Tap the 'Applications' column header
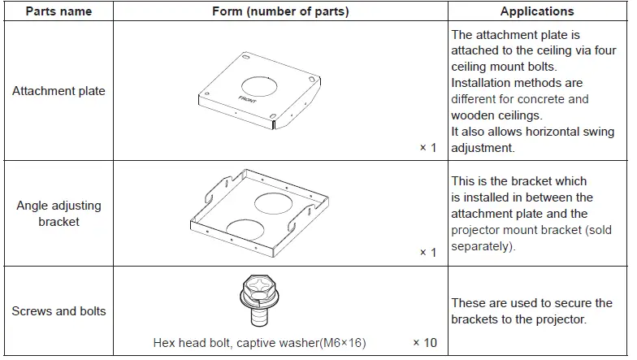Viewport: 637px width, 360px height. coord(537,11)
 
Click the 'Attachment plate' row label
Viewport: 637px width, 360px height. coord(58,91)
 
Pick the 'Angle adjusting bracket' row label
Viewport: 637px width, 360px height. coord(58,213)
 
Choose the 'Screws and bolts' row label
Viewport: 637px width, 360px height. coord(58,310)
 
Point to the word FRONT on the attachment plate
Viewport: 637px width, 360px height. coord(248,101)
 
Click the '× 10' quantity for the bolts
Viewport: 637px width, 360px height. coord(424,342)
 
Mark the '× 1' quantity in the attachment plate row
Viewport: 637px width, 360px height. coord(427,147)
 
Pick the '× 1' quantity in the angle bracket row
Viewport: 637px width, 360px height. coord(427,252)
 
